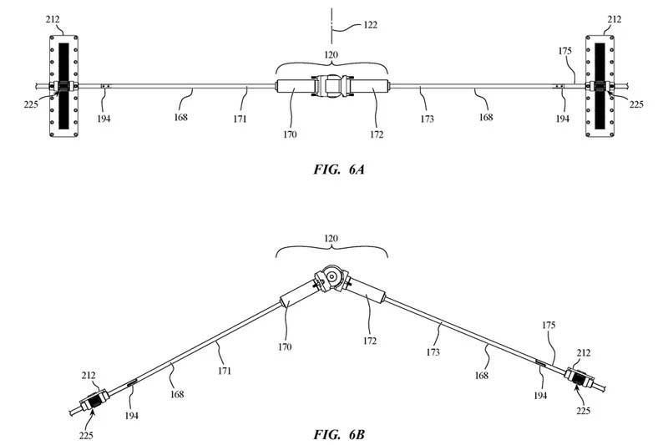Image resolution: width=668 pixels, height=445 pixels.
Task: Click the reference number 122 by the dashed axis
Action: [366, 25]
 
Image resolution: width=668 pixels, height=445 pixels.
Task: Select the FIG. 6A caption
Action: [333, 169]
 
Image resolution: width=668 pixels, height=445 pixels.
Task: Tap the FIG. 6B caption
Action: [333, 434]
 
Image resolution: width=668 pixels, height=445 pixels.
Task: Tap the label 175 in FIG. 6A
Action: [566, 51]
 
